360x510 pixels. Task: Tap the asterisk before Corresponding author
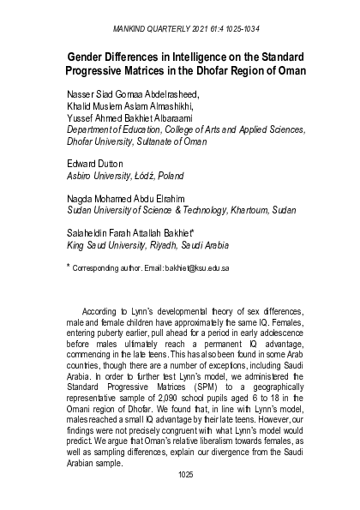[68, 266]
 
